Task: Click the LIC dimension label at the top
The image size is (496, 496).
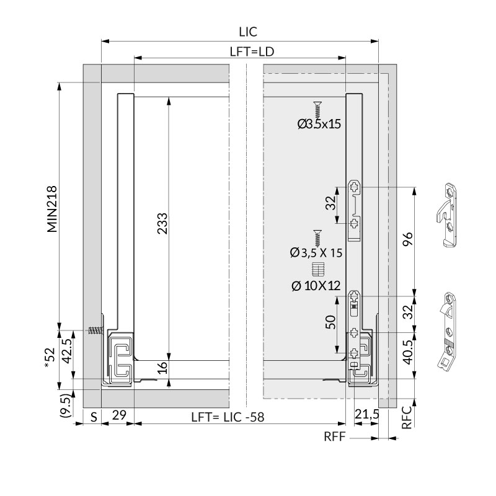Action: point(248,32)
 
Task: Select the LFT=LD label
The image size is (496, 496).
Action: point(252,51)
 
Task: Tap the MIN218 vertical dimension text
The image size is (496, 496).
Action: point(52,209)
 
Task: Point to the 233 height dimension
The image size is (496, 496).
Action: point(162,223)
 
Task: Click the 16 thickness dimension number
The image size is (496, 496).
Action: point(162,368)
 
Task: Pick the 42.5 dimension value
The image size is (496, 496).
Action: point(68,352)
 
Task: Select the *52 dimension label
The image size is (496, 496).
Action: point(50,358)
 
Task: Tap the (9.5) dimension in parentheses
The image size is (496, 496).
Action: point(66,406)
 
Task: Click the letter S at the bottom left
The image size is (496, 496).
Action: point(94,417)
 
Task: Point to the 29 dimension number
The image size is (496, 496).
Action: point(119,415)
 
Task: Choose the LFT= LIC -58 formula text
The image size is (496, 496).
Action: point(228,417)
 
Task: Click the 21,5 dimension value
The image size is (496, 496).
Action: point(366,414)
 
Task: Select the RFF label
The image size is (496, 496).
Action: point(335,437)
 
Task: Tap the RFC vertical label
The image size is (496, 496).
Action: point(407,417)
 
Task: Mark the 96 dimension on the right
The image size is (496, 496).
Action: point(408,239)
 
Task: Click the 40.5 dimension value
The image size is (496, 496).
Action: point(408,352)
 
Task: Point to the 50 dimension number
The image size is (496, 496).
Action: point(330,322)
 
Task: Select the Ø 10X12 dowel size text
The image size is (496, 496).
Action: point(316,286)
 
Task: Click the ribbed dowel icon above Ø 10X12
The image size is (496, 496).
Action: point(317,270)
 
